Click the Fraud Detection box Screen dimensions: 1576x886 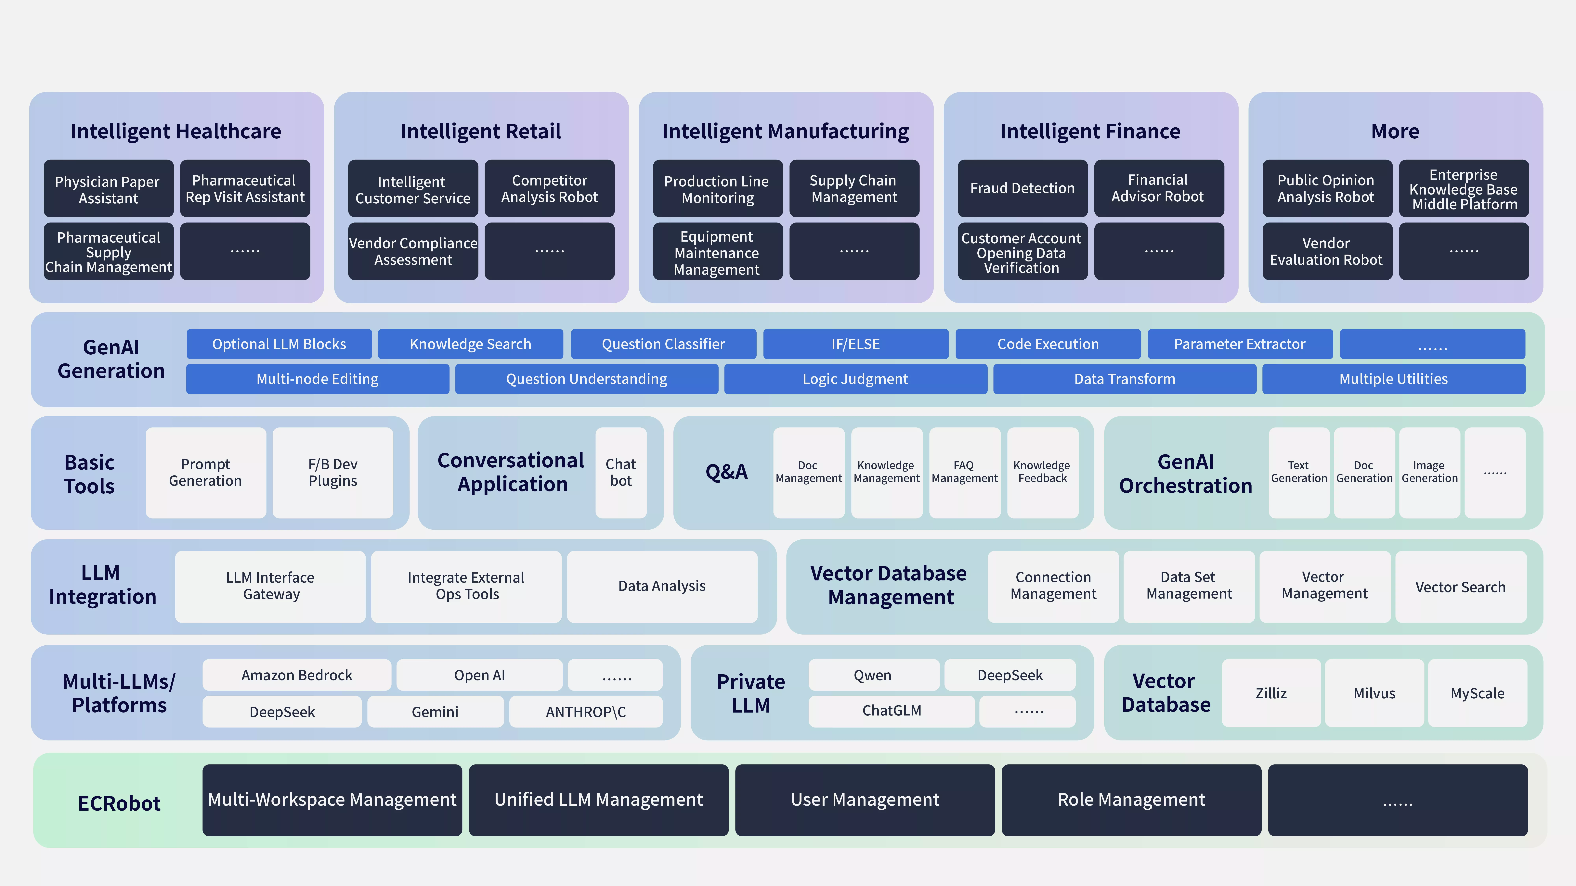coord(1022,188)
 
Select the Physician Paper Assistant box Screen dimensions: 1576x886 coord(108,188)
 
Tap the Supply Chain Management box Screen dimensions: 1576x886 coord(854,188)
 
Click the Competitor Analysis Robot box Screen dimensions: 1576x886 coord(549,188)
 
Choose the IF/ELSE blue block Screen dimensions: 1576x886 coord(855,344)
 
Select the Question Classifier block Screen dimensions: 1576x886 coord(663,344)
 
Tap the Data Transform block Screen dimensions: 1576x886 coord(1125,379)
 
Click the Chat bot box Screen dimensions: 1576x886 coord(621,473)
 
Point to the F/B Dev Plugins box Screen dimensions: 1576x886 coord(333,473)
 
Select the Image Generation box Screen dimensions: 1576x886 coord(1429,473)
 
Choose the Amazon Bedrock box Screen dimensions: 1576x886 coord(297,675)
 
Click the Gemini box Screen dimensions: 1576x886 coord(435,712)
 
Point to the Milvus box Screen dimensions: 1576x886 coord(1374,693)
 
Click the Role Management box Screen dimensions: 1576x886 coord(1131,800)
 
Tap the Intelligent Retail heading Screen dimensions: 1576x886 coord(481,132)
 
